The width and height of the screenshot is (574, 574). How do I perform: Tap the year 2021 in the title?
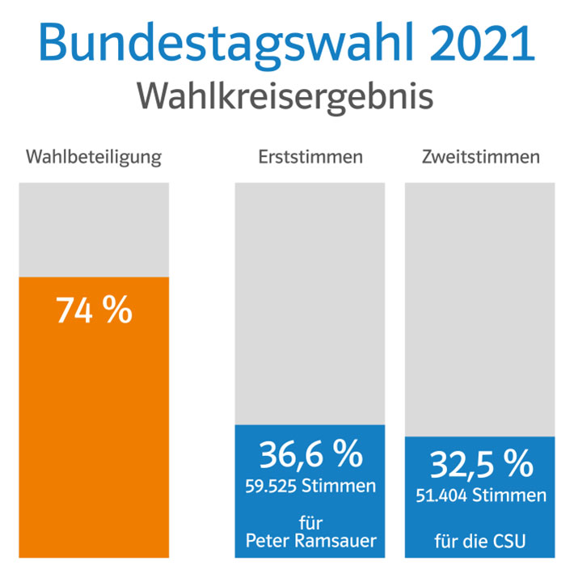tap(482, 42)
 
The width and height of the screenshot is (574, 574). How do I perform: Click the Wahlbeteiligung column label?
tap(94, 158)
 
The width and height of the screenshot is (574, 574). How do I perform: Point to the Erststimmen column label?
tap(310, 157)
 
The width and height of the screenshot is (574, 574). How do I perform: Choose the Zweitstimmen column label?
tap(481, 157)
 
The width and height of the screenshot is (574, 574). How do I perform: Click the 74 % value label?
tap(94, 310)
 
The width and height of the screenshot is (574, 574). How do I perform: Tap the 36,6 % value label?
tap(311, 454)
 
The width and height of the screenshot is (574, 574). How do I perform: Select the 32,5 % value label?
tap(482, 464)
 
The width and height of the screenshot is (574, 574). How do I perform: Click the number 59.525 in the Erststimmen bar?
tap(271, 486)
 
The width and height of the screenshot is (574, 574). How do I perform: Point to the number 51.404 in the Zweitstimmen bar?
tap(441, 496)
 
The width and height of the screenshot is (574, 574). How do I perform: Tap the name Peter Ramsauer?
tap(311, 540)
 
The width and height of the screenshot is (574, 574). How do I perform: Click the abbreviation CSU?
tap(509, 541)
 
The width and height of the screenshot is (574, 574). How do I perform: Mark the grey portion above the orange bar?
tap(94, 230)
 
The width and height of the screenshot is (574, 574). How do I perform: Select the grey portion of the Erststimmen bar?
tap(310, 304)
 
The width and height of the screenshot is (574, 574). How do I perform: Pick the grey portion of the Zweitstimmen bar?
tap(480, 310)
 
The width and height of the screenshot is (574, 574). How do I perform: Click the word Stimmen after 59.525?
tap(339, 486)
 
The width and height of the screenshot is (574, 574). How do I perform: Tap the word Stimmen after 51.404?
tap(509, 496)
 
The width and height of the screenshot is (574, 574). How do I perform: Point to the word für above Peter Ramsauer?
tap(310, 522)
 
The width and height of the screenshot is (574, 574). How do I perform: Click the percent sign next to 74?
tap(117, 310)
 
